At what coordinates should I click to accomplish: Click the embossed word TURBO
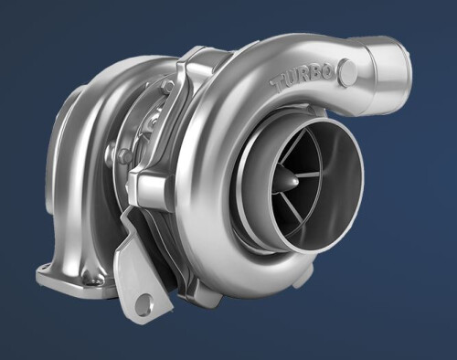click(x=303, y=78)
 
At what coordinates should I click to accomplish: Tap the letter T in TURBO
click(x=280, y=84)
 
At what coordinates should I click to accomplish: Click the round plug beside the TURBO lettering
click(x=348, y=72)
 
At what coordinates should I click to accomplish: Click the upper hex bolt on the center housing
click(x=167, y=87)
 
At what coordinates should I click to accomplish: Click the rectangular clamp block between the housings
click(x=148, y=185)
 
